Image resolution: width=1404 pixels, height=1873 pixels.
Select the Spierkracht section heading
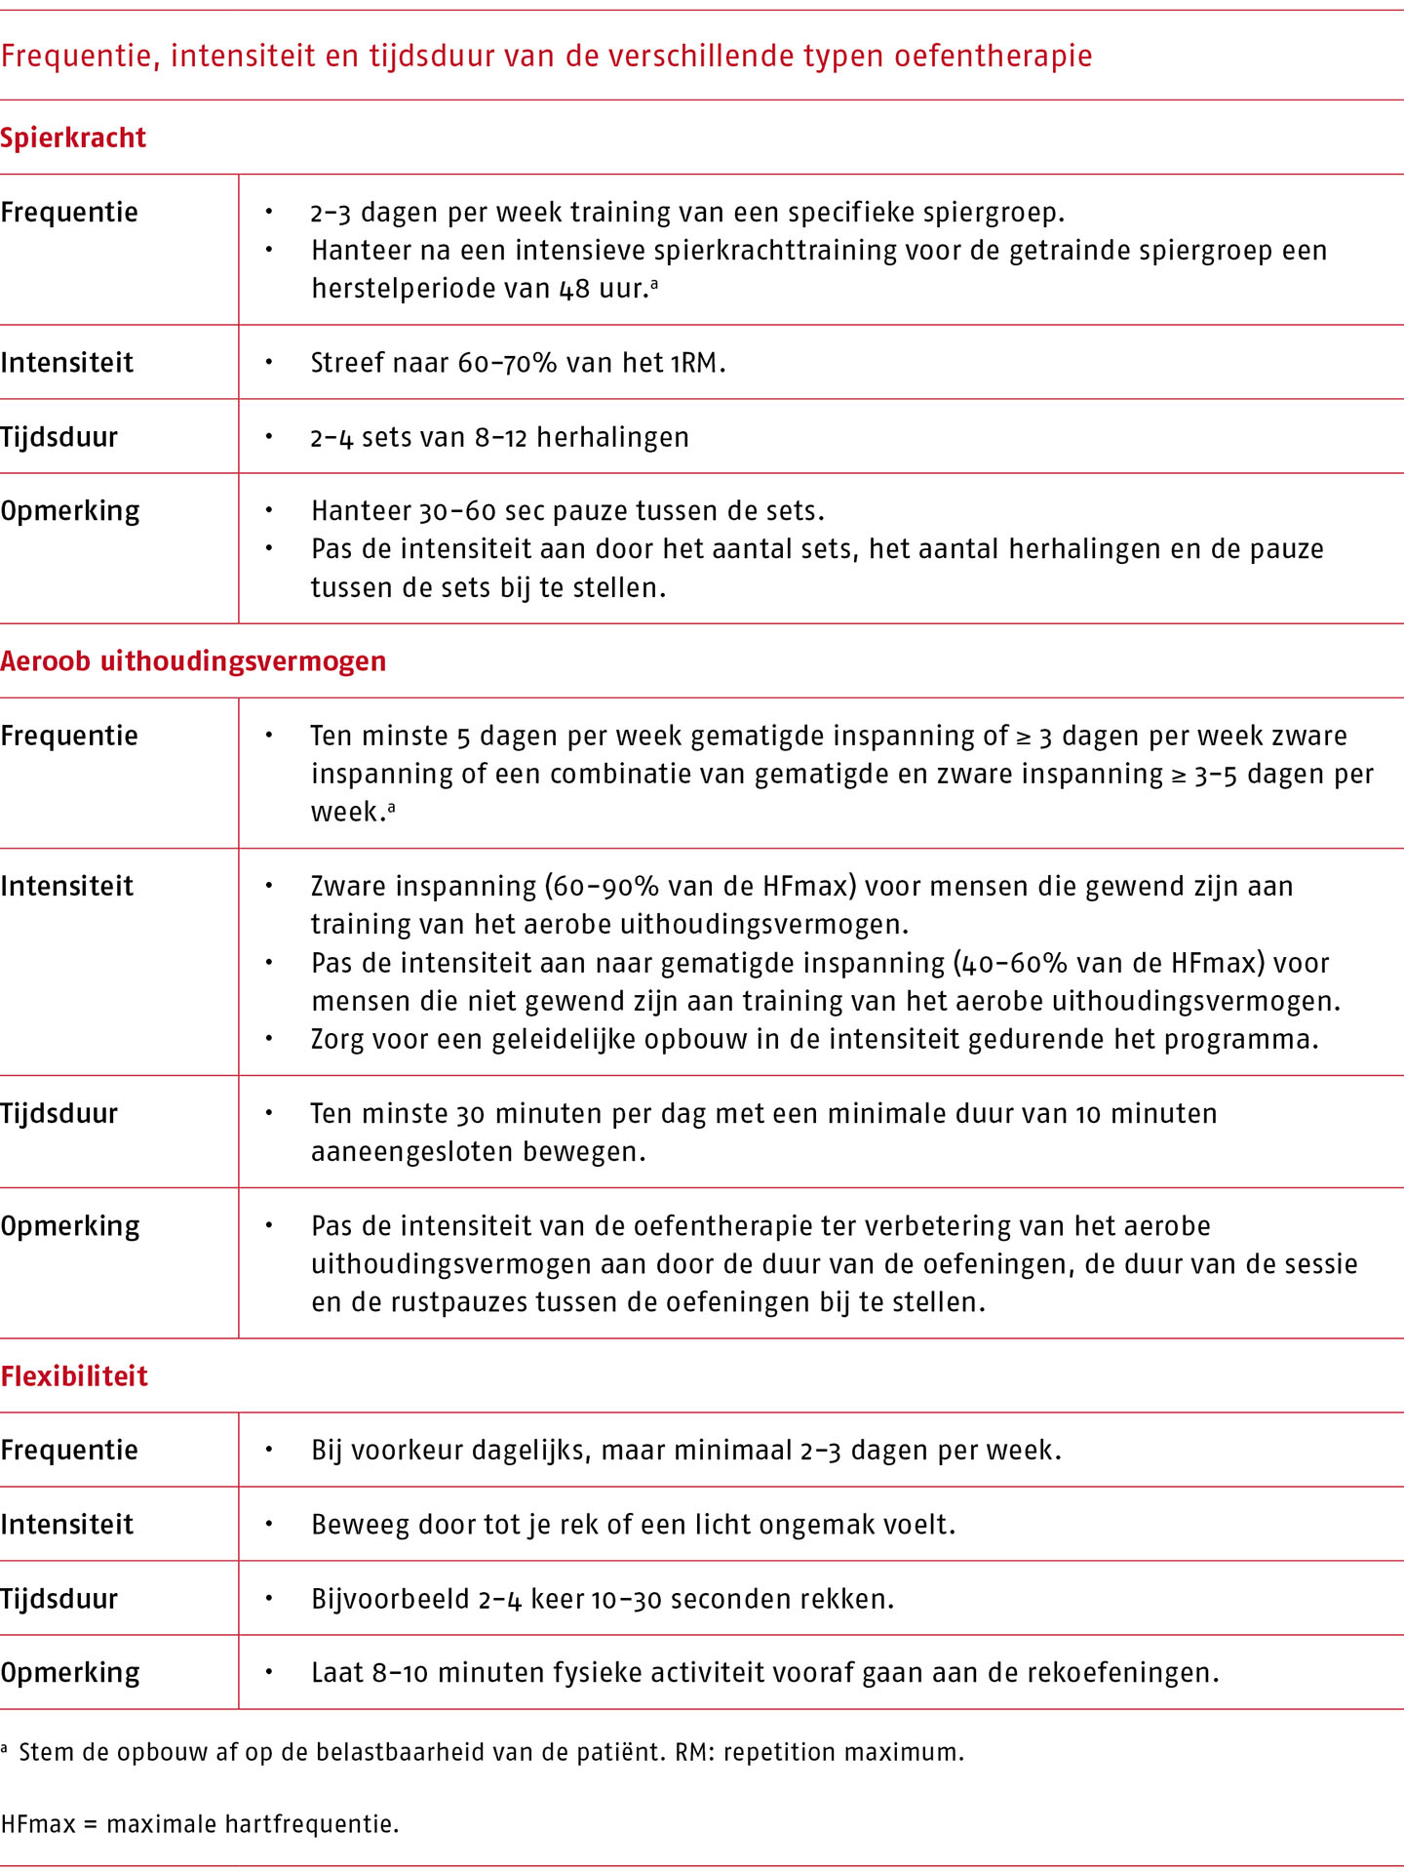tap(73, 138)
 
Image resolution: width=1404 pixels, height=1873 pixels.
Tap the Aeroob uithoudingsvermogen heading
tap(193, 661)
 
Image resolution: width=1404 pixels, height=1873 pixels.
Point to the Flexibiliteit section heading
tap(74, 1375)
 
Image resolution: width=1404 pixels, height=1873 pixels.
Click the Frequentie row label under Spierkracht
tap(69, 213)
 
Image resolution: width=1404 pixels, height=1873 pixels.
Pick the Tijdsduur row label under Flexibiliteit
tap(59, 1598)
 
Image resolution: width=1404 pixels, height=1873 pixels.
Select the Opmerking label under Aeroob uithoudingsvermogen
tap(70, 1225)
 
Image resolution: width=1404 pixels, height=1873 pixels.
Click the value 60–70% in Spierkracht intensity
tap(507, 363)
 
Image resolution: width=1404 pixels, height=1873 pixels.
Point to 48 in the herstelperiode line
tap(574, 289)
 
